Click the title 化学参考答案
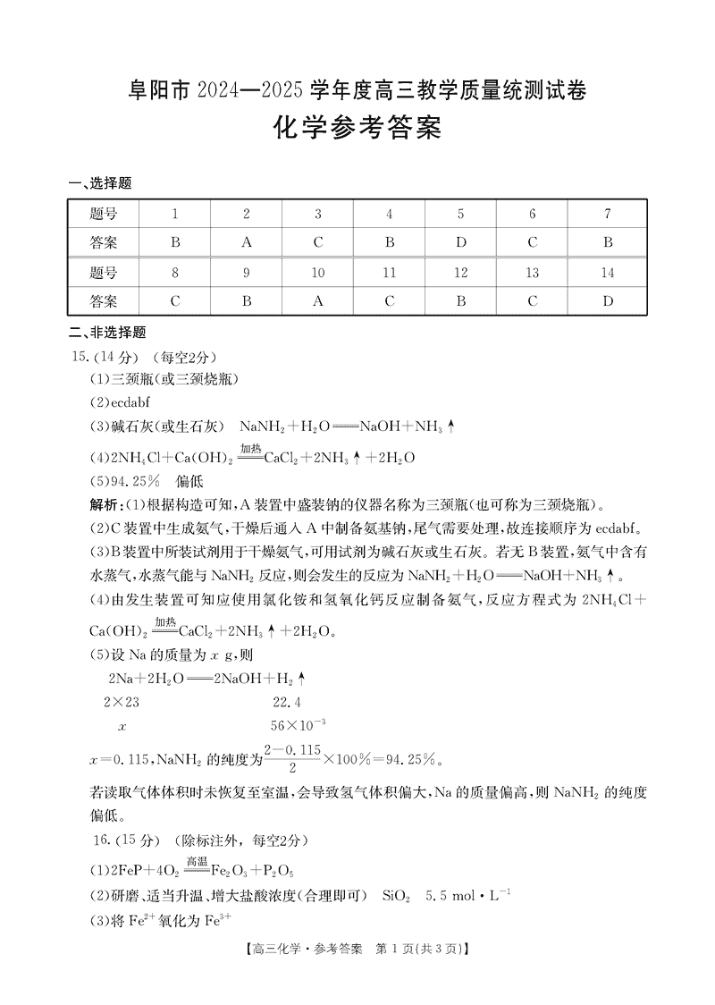[x=357, y=131]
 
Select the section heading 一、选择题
[x=100, y=184]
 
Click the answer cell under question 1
[x=175, y=241]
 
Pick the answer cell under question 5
[x=461, y=241]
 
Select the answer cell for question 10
[x=318, y=300]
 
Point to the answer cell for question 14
[x=608, y=300]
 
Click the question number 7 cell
[x=608, y=214]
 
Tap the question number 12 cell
[x=461, y=273]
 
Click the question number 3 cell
[x=318, y=214]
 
